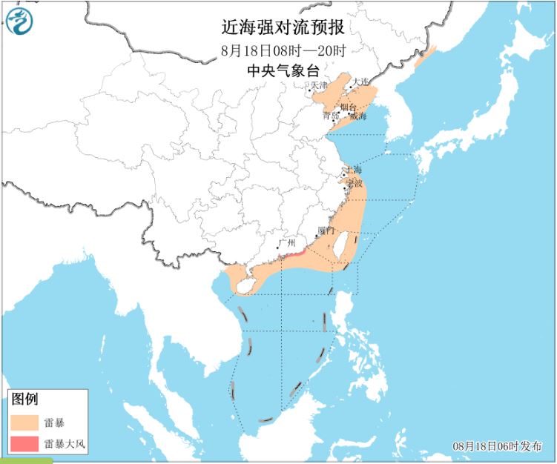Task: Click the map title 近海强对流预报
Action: click(283, 28)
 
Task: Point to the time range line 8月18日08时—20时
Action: click(283, 51)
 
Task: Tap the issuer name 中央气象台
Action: click(283, 72)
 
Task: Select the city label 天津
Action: click(319, 86)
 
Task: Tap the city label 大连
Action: click(360, 82)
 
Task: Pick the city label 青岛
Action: click(331, 116)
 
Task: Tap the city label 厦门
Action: click(326, 231)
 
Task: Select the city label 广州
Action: click(286, 242)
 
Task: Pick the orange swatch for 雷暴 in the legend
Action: click(25, 423)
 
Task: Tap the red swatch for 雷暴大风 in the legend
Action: click(25, 444)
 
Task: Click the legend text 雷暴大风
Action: click(65, 444)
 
